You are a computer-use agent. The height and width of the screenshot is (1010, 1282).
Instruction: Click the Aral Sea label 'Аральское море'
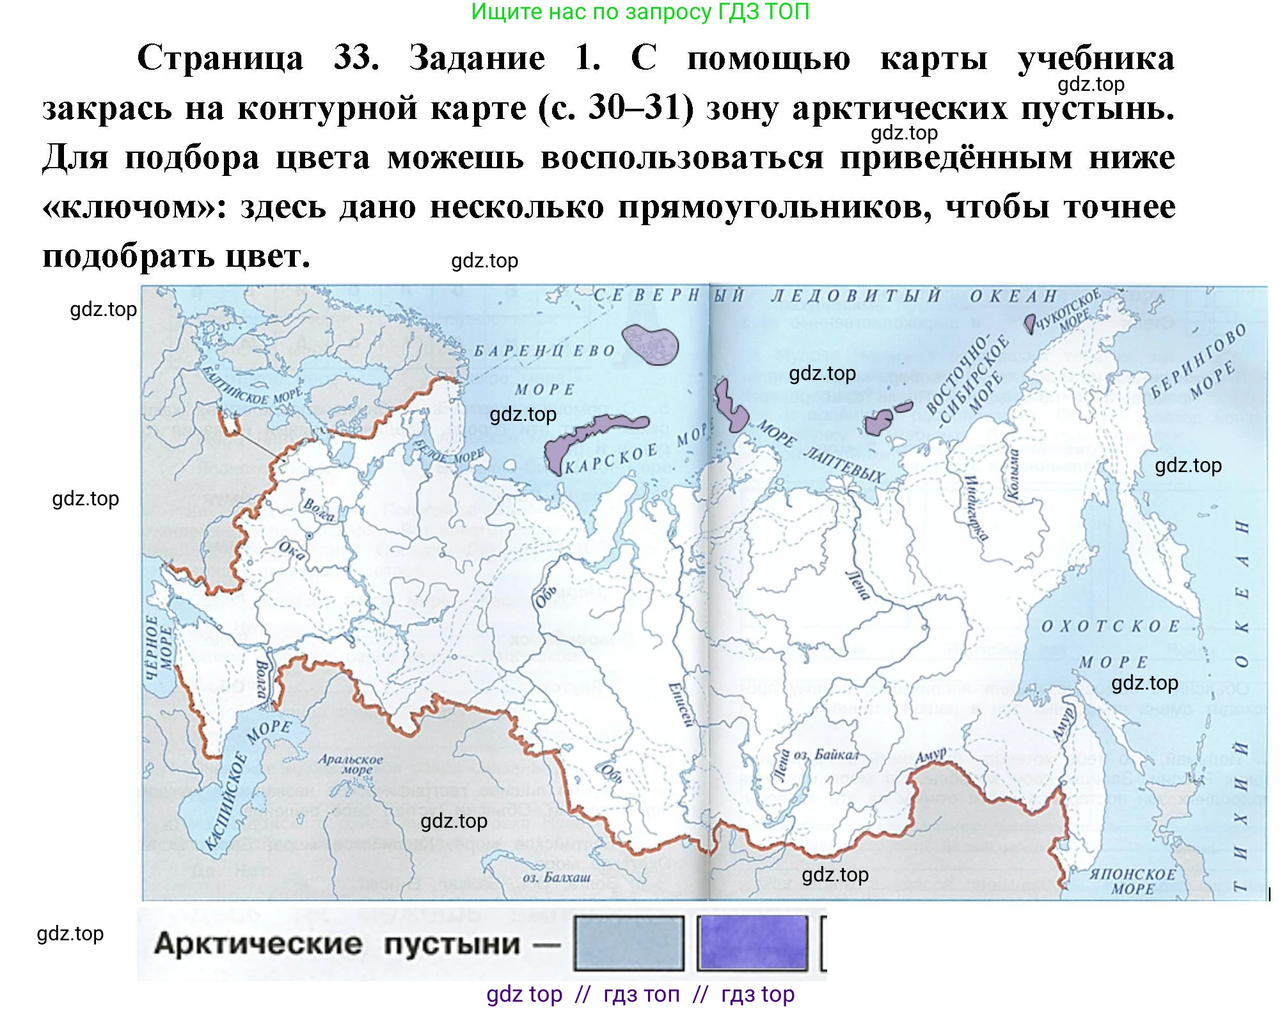click(x=350, y=764)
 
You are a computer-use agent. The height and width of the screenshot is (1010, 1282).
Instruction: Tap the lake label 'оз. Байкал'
click(x=826, y=755)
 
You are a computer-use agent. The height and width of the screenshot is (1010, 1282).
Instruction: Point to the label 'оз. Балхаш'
click(x=556, y=877)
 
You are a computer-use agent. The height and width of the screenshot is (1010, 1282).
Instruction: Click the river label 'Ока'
click(x=292, y=551)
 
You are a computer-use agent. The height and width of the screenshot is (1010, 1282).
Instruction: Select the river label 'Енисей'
click(x=680, y=704)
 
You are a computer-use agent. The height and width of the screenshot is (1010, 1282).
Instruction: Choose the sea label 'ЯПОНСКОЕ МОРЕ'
click(x=1133, y=881)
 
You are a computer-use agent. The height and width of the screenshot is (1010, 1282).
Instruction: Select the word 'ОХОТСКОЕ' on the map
click(x=1110, y=626)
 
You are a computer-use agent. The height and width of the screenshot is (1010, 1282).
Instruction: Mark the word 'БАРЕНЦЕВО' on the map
click(x=544, y=351)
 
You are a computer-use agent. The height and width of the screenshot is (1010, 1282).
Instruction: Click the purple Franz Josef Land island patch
click(x=650, y=343)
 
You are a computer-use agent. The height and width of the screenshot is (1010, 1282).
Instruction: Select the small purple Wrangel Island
click(x=1029, y=322)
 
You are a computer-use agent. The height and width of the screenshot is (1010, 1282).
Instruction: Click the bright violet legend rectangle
click(x=752, y=943)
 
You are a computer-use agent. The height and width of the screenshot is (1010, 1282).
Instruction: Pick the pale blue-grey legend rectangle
click(x=629, y=943)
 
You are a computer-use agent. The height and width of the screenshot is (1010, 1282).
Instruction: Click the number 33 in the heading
click(x=356, y=58)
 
